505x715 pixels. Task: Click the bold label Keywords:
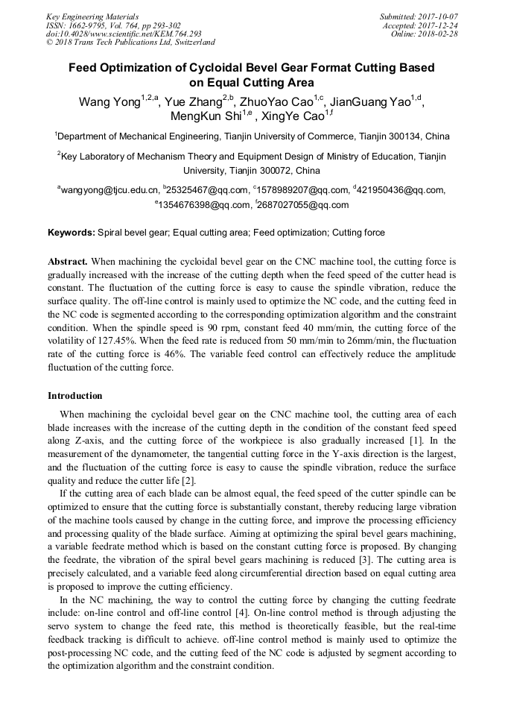72,233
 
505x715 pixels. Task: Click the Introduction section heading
75,395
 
